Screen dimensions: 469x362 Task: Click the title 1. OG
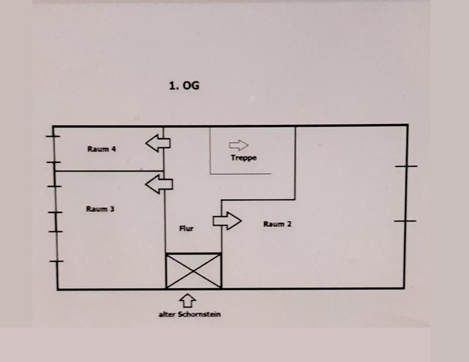184,86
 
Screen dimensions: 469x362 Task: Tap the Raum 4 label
102,149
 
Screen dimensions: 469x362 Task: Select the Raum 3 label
100,209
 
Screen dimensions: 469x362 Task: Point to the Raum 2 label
277,224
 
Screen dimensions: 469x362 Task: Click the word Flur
186,228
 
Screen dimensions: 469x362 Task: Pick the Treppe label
244,158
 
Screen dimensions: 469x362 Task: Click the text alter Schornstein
190,314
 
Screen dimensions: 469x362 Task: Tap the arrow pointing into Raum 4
158,143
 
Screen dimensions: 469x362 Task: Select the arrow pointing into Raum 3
159,184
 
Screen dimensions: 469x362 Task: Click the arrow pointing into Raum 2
227,221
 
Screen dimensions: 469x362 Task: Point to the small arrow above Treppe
238,145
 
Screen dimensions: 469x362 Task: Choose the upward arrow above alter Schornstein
189,300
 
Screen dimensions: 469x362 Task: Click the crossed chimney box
193,271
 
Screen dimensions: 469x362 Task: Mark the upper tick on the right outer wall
406,166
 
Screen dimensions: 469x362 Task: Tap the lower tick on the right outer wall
405,221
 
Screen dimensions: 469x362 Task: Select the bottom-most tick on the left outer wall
57,262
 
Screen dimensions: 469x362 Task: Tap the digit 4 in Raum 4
113,149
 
